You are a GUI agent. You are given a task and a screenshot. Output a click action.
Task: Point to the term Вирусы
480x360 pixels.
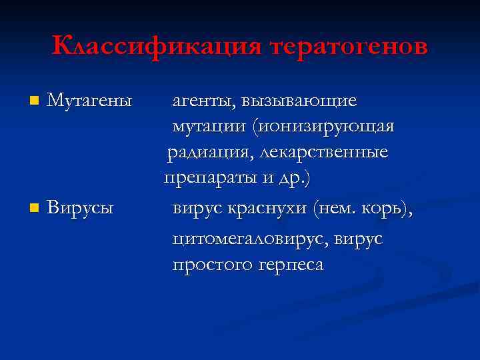[81, 209]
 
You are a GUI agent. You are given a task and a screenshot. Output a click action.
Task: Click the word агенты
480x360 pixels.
[205, 101]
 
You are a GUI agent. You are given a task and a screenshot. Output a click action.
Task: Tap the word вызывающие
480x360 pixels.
[300, 101]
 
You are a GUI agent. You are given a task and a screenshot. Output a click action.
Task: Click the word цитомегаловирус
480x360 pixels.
[253, 238]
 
